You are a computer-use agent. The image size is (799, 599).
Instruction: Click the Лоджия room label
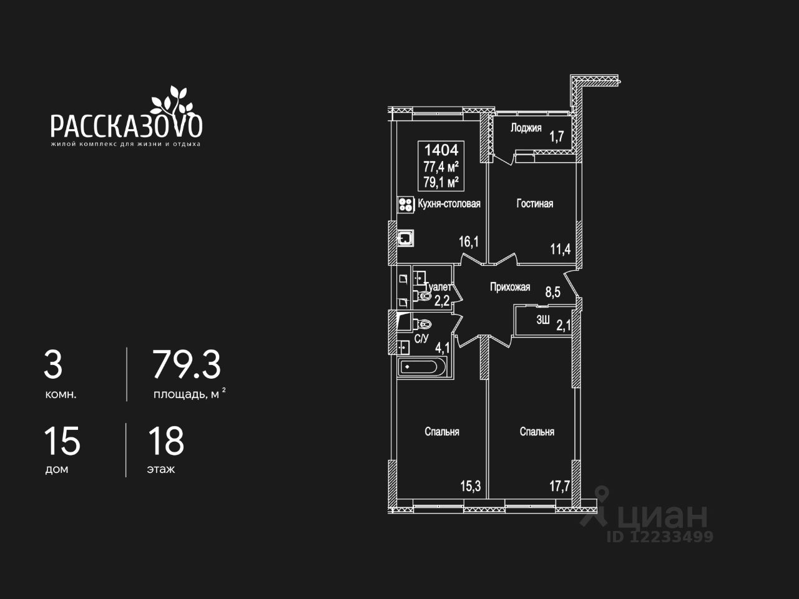pos(526,128)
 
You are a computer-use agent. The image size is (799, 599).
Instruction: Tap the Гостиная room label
pos(534,203)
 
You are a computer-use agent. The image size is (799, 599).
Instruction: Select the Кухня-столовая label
pos(449,203)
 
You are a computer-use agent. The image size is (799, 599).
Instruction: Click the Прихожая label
pos(509,287)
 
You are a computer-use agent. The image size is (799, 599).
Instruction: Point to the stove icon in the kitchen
pos(406,205)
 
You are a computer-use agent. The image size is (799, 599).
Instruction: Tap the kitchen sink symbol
pos(406,237)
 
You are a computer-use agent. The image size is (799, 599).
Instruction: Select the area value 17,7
pos(559,486)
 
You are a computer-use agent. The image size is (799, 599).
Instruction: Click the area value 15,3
pos(470,486)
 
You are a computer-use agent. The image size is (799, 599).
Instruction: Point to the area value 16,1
pos(469,241)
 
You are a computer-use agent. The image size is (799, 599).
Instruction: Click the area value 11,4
pos(560,250)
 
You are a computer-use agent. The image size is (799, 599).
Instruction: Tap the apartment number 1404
pos(441,150)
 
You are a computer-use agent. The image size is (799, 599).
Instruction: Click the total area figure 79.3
pos(187,365)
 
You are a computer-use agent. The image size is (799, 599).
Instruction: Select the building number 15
pos(62,441)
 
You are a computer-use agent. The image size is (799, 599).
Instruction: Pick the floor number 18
pos(166,441)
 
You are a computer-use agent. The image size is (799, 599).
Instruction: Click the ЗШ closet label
pos(543,321)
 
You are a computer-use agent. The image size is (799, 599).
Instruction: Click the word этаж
pos(161,469)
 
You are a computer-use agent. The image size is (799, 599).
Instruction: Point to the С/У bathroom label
pos(421,339)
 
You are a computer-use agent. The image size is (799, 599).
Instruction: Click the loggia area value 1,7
pos(556,136)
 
